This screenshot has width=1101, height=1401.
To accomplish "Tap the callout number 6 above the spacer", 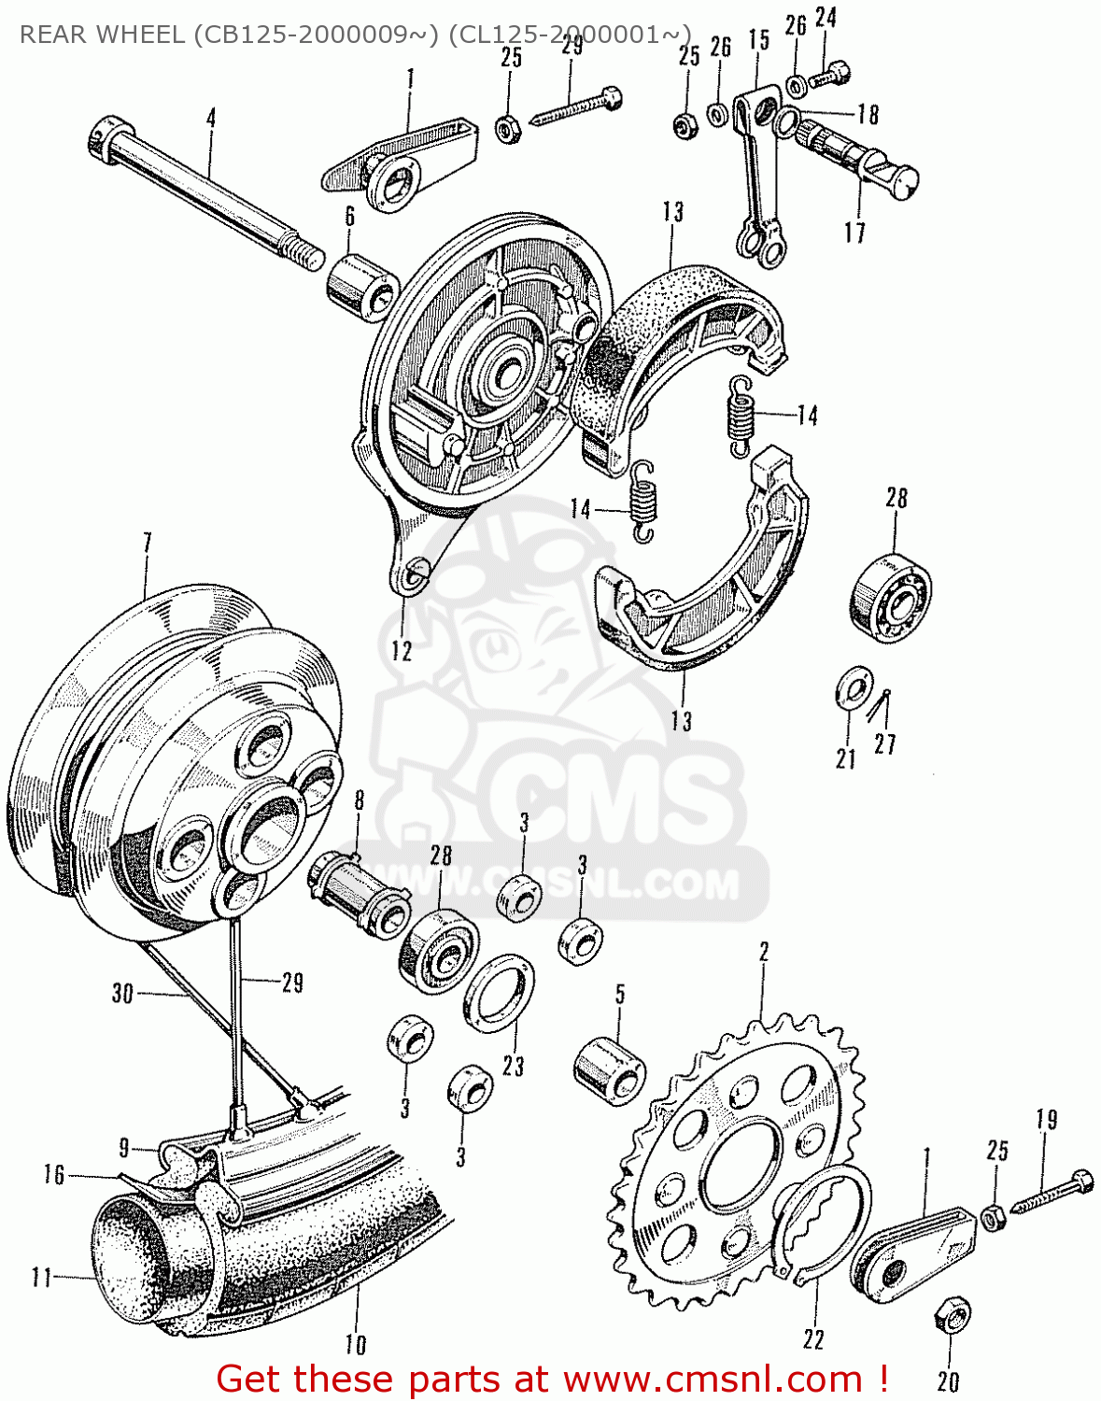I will pyautogui.click(x=349, y=217).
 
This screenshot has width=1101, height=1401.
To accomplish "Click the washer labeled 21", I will pyautogui.click(x=850, y=688).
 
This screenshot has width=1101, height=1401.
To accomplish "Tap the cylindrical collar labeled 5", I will pyautogui.click(x=609, y=1068).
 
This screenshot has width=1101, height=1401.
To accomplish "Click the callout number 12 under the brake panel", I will pyautogui.click(x=402, y=651).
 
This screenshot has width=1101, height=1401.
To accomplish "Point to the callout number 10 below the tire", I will pyautogui.click(x=356, y=1345).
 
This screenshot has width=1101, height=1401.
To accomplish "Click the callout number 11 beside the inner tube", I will pyautogui.click(x=42, y=1277).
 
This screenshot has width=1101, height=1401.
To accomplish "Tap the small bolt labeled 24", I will pyautogui.click(x=830, y=76).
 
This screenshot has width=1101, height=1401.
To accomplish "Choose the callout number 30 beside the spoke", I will pyautogui.click(x=122, y=993).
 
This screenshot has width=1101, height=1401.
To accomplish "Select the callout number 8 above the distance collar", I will pyautogui.click(x=359, y=800).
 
